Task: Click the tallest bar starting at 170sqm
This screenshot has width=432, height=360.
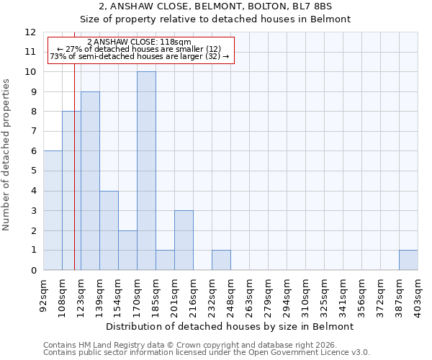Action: [x=146, y=171]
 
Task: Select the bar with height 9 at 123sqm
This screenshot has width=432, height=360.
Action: [x=90, y=181]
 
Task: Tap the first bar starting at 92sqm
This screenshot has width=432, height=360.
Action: [x=53, y=210]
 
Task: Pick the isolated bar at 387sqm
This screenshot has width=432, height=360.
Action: [x=408, y=260]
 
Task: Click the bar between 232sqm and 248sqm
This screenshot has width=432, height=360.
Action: [x=221, y=260]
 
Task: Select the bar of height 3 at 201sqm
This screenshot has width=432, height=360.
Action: [x=184, y=240]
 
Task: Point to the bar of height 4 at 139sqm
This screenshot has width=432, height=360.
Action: [x=109, y=230]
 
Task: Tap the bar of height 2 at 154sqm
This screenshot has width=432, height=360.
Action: [x=127, y=250]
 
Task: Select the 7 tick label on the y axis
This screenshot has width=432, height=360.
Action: [x=33, y=132]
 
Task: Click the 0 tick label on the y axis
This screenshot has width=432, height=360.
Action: [x=33, y=270]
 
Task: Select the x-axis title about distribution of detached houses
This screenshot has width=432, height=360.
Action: [x=230, y=326]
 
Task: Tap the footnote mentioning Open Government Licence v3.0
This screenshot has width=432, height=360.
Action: [x=207, y=353]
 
